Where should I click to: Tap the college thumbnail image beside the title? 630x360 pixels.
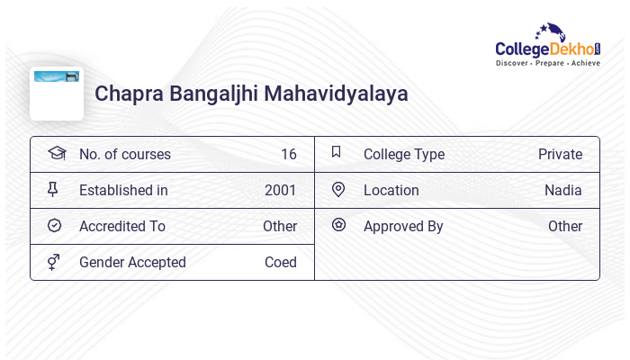57,93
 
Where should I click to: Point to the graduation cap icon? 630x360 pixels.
57,153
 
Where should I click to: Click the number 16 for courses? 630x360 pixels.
288,154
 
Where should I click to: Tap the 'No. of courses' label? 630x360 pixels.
125,154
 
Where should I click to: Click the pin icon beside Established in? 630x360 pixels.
53,190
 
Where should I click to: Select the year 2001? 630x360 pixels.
281,190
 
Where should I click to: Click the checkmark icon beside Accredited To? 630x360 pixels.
54,226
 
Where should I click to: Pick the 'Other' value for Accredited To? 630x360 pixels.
280,226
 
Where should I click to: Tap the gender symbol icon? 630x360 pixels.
54,262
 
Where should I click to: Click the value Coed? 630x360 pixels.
281,262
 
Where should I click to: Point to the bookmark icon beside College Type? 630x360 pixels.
337,152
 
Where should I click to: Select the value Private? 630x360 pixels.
560,154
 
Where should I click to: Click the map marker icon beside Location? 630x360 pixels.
338,190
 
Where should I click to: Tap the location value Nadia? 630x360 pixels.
563,190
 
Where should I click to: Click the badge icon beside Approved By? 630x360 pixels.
338,225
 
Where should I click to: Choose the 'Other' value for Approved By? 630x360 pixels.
565,226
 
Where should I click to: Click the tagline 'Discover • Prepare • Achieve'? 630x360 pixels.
547,64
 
